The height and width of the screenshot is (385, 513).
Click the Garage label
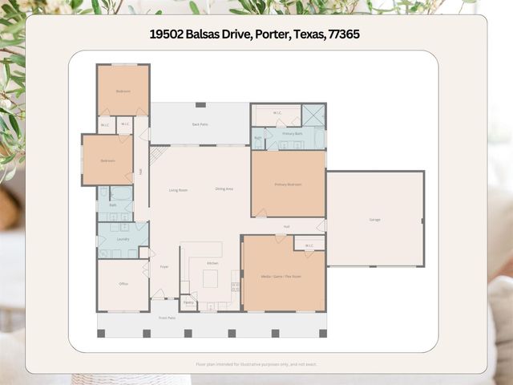click(374, 219)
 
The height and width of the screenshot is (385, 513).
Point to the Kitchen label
click(212, 263)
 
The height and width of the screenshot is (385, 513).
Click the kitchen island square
click(210, 278)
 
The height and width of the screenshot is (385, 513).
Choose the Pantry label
click(188, 302)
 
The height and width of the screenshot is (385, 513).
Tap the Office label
click(123, 284)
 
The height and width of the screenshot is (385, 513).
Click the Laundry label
click(123, 239)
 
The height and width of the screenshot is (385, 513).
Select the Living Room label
click(178, 190)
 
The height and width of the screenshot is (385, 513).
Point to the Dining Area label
click(224, 189)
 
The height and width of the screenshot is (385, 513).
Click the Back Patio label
click(200, 124)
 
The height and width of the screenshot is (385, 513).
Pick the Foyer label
click(164, 266)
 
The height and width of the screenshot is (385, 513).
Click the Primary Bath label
click(293, 133)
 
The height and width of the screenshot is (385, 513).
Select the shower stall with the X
click(314, 115)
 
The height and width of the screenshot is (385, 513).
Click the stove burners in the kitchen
click(235, 286)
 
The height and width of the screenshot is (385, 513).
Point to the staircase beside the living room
click(156, 154)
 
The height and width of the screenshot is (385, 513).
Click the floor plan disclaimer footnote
click(256, 364)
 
